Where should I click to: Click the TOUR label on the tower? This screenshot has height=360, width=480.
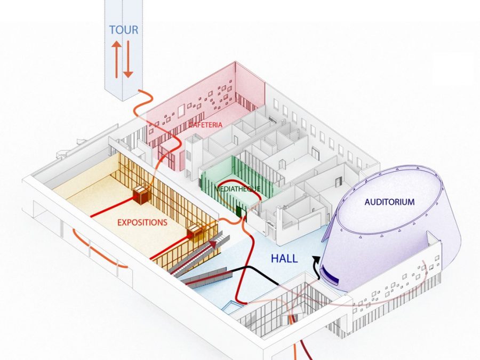(124, 30)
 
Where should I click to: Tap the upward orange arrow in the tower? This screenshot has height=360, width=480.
(116, 59)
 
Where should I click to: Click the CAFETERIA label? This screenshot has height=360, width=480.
(205, 125)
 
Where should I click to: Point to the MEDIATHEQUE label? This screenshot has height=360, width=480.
(237, 189)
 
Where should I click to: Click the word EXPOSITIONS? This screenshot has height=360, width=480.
(142, 222)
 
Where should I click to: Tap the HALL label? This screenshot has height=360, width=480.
(284, 259)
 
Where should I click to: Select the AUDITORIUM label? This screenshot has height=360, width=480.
(389, 202)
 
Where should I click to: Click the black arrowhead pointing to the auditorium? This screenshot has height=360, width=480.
(316, 260)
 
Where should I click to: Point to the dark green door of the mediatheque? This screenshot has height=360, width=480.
(239, 212)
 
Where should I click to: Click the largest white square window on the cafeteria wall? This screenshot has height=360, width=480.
(181, 110)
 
